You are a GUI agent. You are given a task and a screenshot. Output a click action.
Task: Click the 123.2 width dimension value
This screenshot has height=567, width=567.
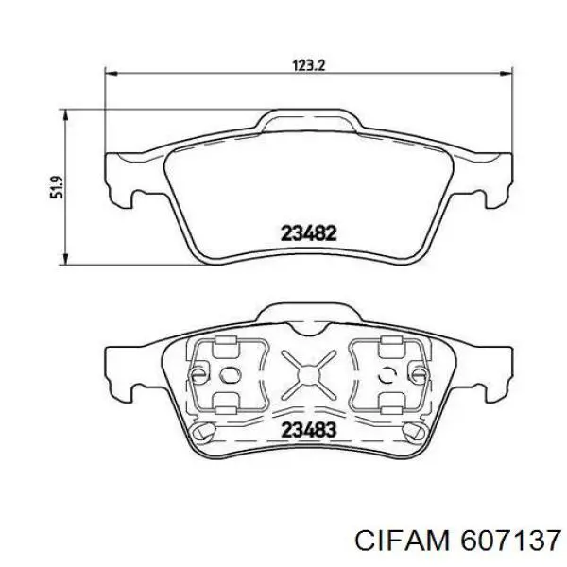[x=309, y=65]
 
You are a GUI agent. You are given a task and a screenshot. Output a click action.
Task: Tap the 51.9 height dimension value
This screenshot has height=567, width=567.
[x=57, y=187]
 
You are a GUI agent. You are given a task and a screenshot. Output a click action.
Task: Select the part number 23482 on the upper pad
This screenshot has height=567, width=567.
[x=309, y=233]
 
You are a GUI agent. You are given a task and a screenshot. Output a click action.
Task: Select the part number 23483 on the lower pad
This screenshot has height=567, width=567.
[x=309, y=430]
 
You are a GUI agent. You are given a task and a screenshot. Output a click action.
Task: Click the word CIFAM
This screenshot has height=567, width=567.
[x=403, y=541]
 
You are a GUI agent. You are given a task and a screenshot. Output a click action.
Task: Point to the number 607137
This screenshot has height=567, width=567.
[x=510, y=541]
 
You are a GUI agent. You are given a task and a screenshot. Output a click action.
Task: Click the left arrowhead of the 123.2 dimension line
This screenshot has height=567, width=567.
[x=111, y=74]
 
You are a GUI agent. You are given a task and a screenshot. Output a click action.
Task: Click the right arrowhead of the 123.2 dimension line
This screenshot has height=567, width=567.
[x=507, y=74]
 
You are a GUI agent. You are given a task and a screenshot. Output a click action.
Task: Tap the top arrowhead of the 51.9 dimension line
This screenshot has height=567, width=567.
[x=65, y=115]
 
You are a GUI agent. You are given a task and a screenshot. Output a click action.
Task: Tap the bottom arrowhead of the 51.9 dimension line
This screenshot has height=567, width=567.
[x=65, y=259]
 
